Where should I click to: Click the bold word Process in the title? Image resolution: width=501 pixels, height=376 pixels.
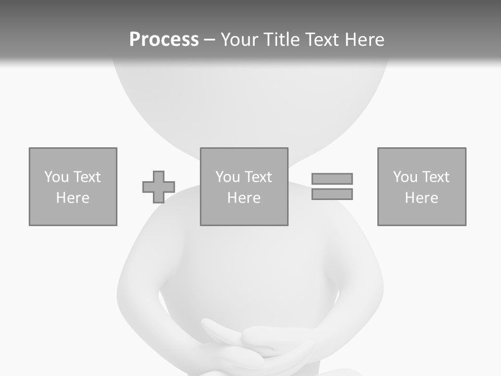coord(164,40)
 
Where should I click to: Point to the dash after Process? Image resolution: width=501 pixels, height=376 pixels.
coord(209,40)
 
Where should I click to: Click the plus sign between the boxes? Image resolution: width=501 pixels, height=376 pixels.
coord(159,187)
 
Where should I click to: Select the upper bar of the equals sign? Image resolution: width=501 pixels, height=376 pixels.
coord(332,179)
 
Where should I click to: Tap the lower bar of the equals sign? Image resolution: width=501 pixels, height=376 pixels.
coord(332,194)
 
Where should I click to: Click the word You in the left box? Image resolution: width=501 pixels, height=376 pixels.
coord(56,177)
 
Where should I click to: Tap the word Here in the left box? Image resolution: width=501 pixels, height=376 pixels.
coord(73,198)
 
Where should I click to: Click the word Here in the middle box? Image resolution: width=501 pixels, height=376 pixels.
coord(244,198)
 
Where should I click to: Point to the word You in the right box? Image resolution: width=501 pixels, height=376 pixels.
coord(405,177)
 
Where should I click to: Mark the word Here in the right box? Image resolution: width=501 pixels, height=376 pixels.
coord(422,198)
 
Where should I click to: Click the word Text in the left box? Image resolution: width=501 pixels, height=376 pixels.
coord(87,177)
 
